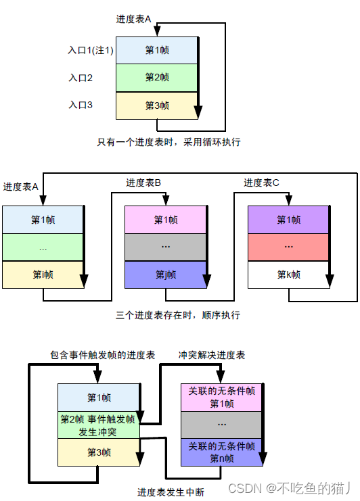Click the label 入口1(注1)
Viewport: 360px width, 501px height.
coord(91,50)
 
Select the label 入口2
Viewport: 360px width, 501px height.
coord(81,78)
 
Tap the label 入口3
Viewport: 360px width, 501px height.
coord(81,105)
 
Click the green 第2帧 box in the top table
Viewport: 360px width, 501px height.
coord(157,78)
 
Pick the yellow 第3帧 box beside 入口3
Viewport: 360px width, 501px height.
coord(157,105)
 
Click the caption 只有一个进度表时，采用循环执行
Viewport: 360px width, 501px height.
coord(168,142)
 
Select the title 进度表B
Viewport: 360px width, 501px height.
coord(143,183)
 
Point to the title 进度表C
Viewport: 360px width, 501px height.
coord(261,183)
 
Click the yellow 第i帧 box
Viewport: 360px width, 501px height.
coord(43,275)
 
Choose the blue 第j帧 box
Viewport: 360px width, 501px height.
coord(166,275)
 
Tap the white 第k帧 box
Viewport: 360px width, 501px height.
coord(288,275)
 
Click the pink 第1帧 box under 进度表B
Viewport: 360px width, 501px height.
coord(166,220)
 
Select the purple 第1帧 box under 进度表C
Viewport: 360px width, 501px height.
coord(288,220)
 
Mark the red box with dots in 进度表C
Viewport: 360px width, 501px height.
coord(288,247)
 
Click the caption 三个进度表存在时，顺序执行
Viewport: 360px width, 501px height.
coord(178,315)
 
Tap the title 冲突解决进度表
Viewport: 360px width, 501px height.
coord(212,355)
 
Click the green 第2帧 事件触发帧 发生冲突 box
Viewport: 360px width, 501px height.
coord(99,425)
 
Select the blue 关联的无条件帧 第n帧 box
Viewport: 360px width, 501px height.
coord(221,452)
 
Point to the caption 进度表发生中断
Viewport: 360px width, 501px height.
coord(171,492)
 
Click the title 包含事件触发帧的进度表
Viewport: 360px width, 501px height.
coord(103,355)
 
